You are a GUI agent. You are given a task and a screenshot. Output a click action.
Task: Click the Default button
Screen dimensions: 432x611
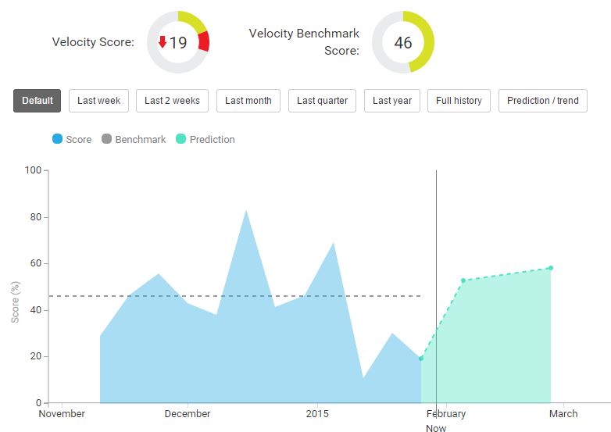[37, 100]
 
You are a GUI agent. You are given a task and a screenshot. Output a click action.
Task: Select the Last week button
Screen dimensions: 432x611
[98, 100]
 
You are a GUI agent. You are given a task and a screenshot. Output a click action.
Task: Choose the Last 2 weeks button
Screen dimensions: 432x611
[172, 100]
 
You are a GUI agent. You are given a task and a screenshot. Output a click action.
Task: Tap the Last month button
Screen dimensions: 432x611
[248, 100]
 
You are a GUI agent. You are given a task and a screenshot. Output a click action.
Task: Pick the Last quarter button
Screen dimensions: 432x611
[322, 100]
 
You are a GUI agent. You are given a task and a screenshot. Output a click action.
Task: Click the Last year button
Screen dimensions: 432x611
[392, 100]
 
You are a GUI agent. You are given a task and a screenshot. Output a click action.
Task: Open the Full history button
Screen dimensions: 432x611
[459, 100]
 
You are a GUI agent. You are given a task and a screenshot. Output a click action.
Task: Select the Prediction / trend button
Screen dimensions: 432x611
[542, 100]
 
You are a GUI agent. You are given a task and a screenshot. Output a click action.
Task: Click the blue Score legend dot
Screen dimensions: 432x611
[57, 139]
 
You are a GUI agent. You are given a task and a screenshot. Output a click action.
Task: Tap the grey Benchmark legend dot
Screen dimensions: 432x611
[106, 139]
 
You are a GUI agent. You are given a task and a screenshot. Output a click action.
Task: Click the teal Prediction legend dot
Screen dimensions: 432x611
[180, 139]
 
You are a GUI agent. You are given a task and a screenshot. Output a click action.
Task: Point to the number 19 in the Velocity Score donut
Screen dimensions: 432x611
[178, 43]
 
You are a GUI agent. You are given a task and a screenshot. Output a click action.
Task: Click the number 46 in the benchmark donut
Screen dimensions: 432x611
[402, 43]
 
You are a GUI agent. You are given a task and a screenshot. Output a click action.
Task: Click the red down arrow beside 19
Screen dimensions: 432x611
[163, 42]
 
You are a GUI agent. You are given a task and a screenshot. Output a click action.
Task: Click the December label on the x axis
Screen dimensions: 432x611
[188, 414]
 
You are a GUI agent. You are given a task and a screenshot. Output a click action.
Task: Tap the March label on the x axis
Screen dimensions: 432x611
[563, 414]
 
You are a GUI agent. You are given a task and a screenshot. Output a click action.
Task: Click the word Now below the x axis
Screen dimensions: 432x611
[436, 428]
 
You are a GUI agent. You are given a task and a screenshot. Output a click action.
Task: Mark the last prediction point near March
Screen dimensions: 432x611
[551, 268]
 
